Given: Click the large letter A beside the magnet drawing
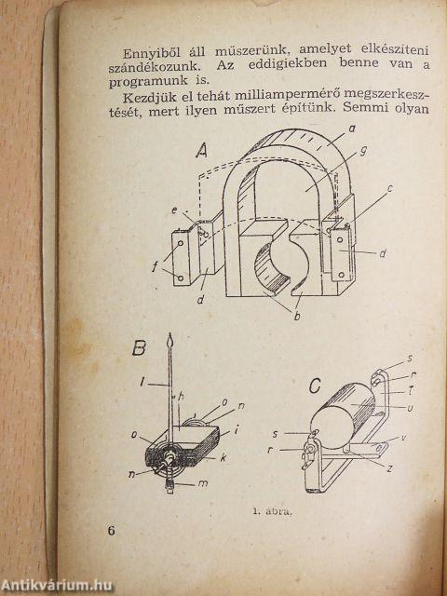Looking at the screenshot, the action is pos(202,152).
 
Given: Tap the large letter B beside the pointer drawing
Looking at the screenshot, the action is pos(139,348).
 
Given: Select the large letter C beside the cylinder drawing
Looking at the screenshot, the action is pos(315,386).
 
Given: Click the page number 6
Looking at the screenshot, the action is pos(111,531).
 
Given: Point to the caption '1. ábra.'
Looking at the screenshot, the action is pos(272,511).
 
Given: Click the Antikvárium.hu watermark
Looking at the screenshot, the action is pos(57,586).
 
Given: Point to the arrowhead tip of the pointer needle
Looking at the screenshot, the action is pos(169,333).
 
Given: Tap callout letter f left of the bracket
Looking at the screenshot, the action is pos(155,266).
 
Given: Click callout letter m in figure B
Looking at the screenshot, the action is pos(203,484).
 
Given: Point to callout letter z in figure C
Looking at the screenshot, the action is pos(388,469).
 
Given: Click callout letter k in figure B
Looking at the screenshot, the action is pos(223,457).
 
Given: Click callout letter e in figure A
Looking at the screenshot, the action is pos(174,210).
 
